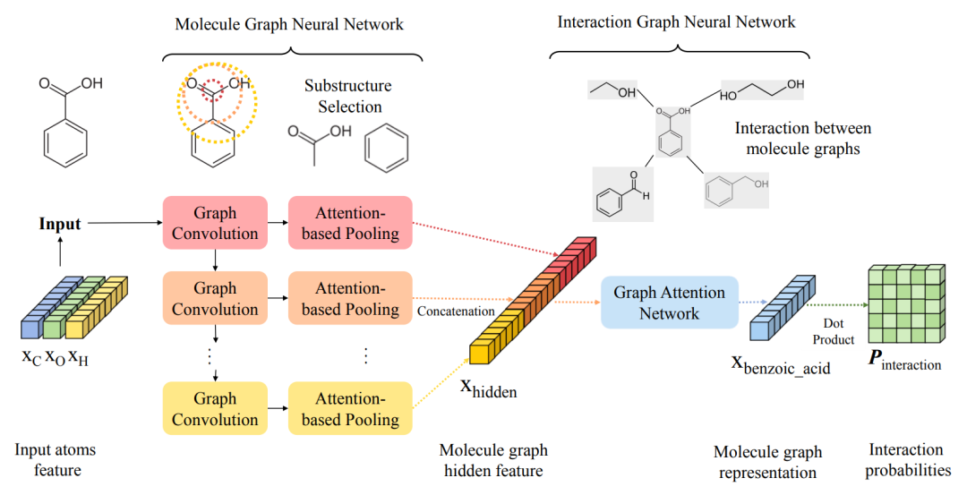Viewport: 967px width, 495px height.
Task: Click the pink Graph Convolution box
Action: click(x=215, y=223)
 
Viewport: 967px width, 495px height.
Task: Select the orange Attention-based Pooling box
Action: click(x=349, y=298)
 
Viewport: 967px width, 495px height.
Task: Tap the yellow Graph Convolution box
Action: click(x=215, y=409)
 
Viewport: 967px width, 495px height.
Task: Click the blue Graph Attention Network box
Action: click(x=669, y=303)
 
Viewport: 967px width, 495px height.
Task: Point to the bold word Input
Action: click(x=60, y=224)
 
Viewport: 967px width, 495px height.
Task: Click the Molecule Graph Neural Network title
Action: click(x=289, y=24)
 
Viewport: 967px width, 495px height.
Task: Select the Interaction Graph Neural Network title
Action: click(x=676, y=21)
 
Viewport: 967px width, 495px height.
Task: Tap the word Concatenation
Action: click(x=456, y=311)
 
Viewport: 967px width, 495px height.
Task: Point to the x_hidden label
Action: click(x=488, y=389)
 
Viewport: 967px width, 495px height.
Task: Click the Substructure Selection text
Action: click(x=347, y=97)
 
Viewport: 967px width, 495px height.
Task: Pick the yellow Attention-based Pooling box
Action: click(x=349, y=409)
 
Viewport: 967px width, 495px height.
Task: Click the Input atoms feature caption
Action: click(x=56, y=459)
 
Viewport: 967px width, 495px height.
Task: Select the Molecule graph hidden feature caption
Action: click(x=493, y=460)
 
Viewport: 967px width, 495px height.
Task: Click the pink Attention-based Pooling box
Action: click(x=349, y=223)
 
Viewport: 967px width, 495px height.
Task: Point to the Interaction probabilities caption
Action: click(x=906, y=459)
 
